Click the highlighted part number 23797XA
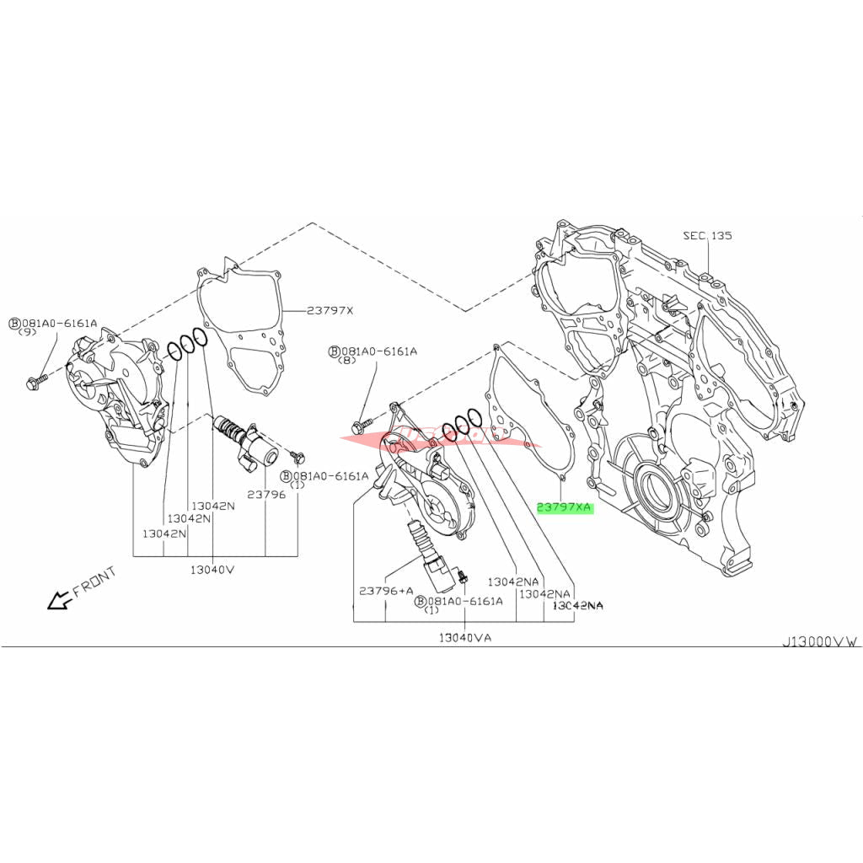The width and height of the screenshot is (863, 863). pos(565,508)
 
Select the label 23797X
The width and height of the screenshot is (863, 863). pos(330,310)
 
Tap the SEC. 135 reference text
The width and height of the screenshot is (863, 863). pos(708,235)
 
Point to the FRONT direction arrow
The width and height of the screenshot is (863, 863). pos(59,600)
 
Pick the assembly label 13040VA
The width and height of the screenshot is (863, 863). pos(464,637)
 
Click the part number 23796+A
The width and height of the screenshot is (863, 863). pos(385,591)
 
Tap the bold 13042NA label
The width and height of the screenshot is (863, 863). pos(578,605)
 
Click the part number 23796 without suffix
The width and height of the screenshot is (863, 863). pos(266,494)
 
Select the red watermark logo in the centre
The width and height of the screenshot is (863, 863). pos(430,437)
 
